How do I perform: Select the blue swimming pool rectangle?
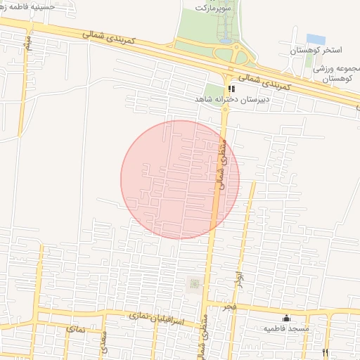[316, 39]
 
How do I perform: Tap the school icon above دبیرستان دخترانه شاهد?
[231, 89]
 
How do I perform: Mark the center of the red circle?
[180, 179]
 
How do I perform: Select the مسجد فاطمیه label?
[286, 328]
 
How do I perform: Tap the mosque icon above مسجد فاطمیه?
[286, 318]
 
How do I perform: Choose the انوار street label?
[240, 279]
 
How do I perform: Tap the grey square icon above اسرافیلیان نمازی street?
[195, 283]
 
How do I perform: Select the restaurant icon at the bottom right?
[325, 352]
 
